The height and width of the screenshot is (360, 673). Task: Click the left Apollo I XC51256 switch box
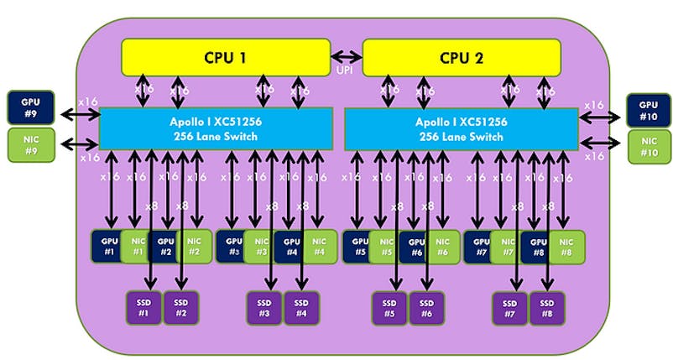pos(216,128)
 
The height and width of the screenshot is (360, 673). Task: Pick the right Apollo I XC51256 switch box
pos(461,128)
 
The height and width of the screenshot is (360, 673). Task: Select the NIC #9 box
pos(29,144)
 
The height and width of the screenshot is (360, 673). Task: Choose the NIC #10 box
pos(647,146)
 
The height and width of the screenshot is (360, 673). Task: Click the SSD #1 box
pos(143,307)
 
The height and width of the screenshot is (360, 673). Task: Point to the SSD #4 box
pos(301,307)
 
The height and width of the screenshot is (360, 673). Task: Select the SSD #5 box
pos(389,307)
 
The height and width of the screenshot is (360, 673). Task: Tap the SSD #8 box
pos(546,307)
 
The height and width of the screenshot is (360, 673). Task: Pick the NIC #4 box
pos(318,245)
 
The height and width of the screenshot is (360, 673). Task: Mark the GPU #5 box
pos(360,245)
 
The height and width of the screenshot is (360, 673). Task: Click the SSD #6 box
pos(426,307)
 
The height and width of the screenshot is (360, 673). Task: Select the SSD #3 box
pos(264,307)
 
